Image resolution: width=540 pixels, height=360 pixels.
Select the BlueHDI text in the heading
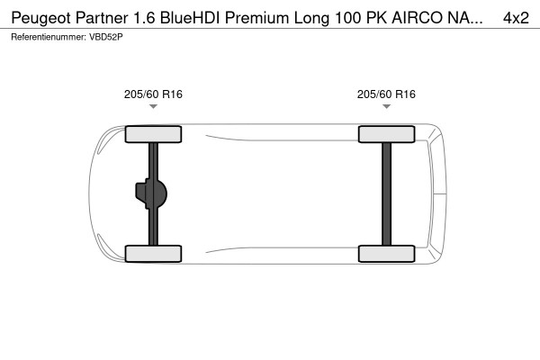coord(193,17)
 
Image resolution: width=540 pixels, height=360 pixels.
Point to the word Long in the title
coord(321,17)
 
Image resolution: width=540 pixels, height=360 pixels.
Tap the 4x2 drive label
coord(516,17)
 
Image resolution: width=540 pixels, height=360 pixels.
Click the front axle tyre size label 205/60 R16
coord(153,94)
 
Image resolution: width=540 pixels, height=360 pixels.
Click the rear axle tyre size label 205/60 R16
coord(386,94)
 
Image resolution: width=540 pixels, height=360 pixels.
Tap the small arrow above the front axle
coord(153,107)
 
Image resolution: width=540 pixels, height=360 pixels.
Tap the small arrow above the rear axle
coord(386,107)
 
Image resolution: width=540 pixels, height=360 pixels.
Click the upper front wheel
coord(153,134)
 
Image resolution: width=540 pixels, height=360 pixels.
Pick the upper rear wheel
coord(386,134)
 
